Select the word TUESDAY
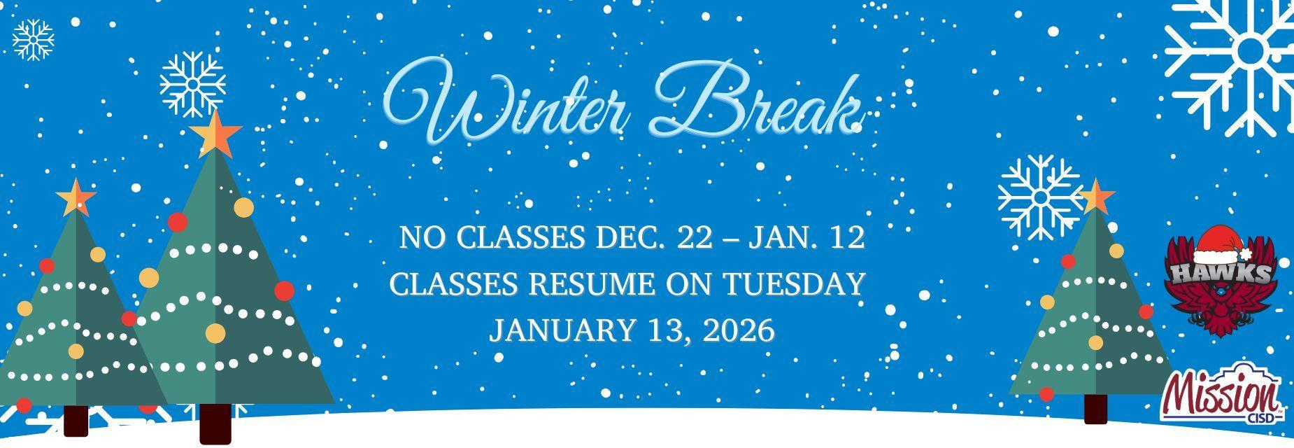point(793,284)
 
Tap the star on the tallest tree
point(215,133)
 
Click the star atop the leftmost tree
point(75,198)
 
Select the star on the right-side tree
point(1095,196)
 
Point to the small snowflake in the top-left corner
point(33,40)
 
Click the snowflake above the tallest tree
point(192,84)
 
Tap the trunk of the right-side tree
point(1095,409)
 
